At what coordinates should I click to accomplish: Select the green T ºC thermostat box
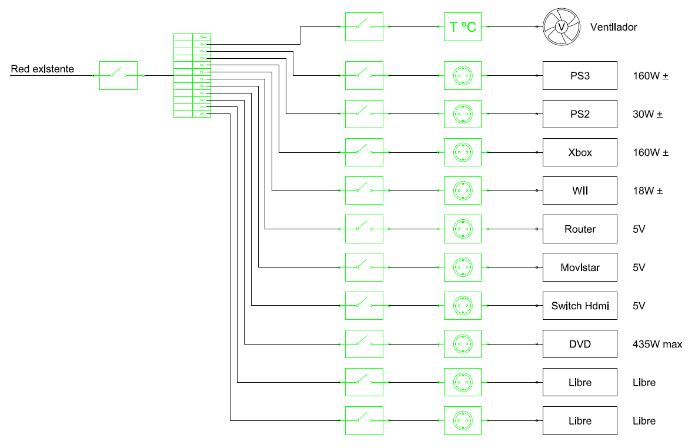[x=463, y=27]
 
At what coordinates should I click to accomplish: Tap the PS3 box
[x=580, y=75]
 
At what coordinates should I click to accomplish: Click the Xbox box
[x=580, y=152]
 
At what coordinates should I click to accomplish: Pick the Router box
[x=580, y=229]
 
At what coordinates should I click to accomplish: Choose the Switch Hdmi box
[x=580, y=306]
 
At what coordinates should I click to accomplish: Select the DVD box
[x=580, y=344]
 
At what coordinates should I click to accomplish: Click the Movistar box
[x=580, y=268]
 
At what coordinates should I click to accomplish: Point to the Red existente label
[x=42, y=69]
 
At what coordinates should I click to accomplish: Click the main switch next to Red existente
[x=118, y=75]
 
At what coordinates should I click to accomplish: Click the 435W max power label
[x=657, y=344]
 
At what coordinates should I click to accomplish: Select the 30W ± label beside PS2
[x=647, y=114]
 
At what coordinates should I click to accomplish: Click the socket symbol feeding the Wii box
[x=463, y=190]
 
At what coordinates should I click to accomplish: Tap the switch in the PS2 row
[x=364, y=114]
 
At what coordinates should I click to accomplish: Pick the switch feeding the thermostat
[x=364, y=27]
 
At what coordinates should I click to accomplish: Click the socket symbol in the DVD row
[x=463, y=344]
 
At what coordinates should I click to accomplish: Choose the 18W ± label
[x=647, y=190]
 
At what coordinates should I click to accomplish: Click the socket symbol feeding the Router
[x=463, y=229]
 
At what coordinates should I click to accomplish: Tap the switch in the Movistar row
[x=364, y=268]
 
